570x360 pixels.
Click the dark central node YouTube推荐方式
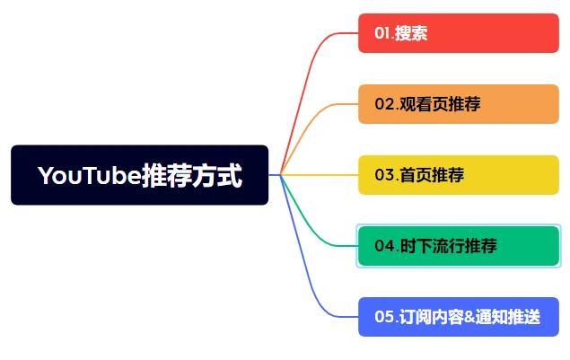(x=140, y=175)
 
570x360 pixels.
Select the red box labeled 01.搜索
(x=459, y=33)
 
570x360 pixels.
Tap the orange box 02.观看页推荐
(x=459, y=104)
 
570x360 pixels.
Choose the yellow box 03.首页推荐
(x=459, y=175)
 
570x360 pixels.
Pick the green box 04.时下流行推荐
(x=459, y=246)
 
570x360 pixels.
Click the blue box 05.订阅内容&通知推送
(x=459, y=317)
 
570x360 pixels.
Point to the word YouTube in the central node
(x=90, y=176)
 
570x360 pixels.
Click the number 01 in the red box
(x=382, y=33)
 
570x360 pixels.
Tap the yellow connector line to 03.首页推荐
(x=320, y=175)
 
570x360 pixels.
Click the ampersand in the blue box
(x=470, y=317)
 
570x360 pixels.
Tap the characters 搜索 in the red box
(x=411, y=33)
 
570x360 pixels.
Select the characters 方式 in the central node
(x=217, y=176)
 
